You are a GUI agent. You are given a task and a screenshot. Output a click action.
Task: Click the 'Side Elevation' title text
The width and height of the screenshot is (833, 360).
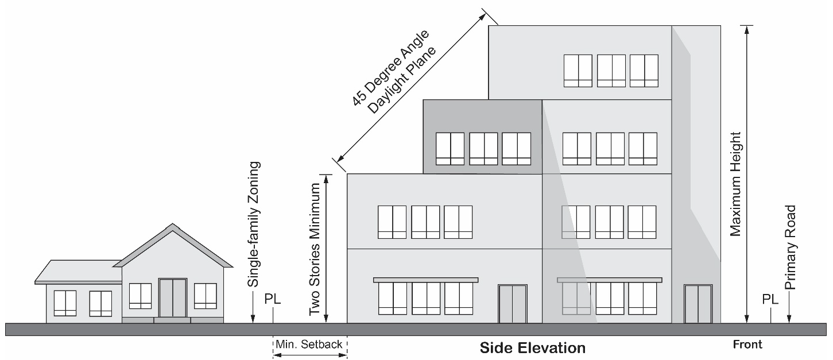click(x=532, y=348)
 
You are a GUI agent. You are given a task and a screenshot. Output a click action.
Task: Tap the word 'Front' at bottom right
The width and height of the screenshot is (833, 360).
click(x=747, y=344)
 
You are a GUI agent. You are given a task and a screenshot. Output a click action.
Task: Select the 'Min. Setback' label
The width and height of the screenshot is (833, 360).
click(x=309, y=344)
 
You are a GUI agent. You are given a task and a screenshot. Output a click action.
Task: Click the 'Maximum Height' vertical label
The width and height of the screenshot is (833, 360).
click(x=735, y=185)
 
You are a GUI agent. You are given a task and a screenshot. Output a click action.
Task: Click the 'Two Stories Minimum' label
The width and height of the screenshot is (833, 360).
click(x=315, y=250)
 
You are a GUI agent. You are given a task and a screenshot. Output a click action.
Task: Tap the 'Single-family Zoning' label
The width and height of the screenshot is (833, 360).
click(x=254, y=224)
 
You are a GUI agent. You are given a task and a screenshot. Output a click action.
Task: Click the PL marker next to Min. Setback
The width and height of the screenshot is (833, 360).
click(x=273, y=300)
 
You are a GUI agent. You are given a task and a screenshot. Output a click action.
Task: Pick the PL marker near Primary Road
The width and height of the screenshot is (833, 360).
click(x=770, y=300)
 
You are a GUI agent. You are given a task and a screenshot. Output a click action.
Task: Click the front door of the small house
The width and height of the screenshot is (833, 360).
click(x=172, y=298)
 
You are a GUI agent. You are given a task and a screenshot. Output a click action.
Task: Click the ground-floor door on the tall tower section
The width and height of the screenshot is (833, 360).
click(x=699, y=304)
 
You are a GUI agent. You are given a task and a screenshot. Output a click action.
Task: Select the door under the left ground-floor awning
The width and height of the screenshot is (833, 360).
click(x=512, y=304)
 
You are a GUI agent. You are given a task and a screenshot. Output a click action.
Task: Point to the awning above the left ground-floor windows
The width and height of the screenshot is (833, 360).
click(x=425, y=280)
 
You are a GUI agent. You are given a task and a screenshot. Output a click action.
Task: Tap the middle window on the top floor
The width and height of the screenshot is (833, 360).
click(x=611, y=71)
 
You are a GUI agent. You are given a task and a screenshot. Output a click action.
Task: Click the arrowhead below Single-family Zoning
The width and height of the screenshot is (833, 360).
click(x=253, y=318)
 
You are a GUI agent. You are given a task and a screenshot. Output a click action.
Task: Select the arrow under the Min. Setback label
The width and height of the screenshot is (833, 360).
click(x=310, y=355)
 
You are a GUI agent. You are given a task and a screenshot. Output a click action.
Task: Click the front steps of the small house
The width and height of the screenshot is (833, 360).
click(x=172, y=320)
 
